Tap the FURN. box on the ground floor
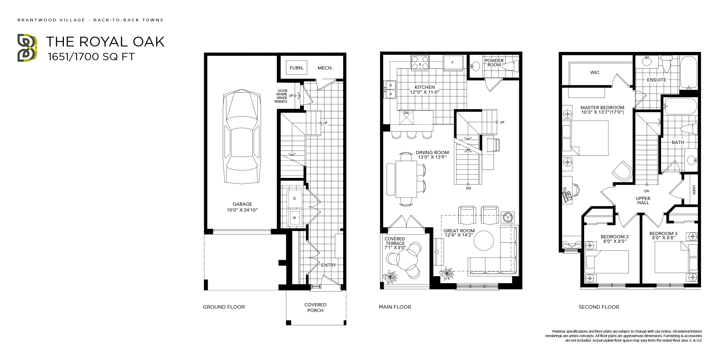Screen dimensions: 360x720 (296, 68)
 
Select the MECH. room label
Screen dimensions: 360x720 (325, 68)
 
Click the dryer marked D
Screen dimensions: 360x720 (294, 199)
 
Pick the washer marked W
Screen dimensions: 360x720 (294, 218)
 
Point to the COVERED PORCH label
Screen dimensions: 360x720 (315, 307)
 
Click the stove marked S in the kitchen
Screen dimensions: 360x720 (420, 63)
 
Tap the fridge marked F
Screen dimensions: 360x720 (452, 63)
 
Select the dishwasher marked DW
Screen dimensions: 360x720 (406, 117)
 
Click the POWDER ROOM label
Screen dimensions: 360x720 (494, 62)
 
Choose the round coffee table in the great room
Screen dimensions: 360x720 (484, 240)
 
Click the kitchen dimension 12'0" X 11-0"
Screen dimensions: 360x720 (425, 92)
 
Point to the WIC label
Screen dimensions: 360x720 (595, 72)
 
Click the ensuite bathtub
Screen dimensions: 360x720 (688, 72)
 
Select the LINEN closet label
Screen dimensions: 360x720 (694, 190)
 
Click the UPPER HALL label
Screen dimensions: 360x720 (643, 200)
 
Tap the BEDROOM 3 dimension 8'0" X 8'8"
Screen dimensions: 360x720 (663, 238)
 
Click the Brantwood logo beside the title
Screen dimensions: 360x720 (27, 48)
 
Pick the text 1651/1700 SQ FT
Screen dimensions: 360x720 (91, 57)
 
